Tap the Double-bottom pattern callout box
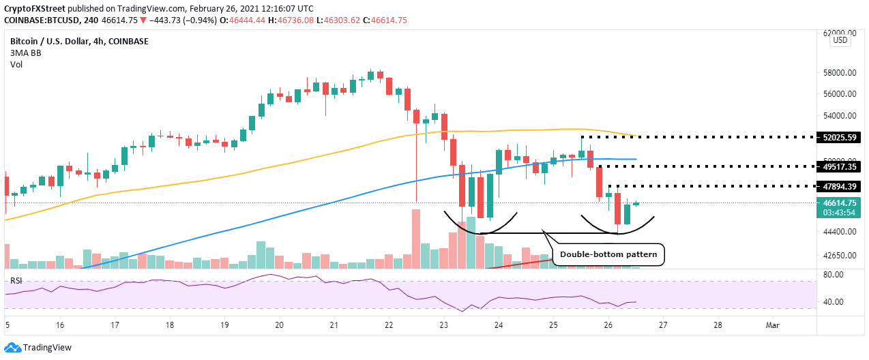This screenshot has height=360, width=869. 608,254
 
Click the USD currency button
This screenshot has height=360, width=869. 840,41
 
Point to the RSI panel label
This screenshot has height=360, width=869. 16,280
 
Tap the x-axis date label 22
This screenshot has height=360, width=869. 389,325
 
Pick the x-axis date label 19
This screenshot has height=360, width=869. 224,325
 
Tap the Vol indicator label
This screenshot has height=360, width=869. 16,65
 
